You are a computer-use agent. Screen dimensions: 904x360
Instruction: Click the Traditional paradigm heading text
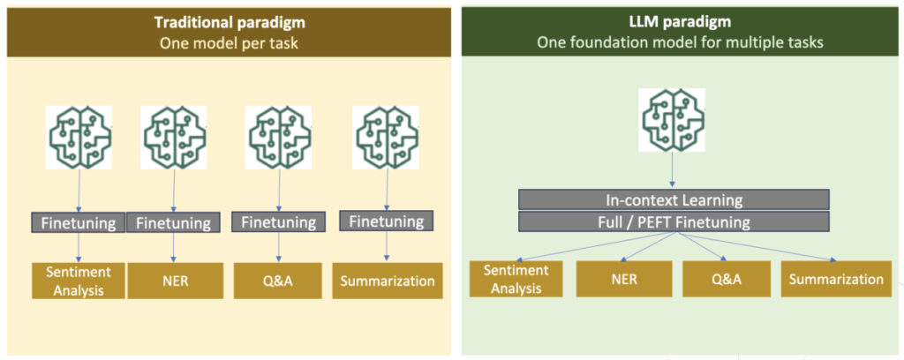(x=229, y=23)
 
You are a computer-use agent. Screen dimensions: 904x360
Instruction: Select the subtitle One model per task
(x=229, y=42)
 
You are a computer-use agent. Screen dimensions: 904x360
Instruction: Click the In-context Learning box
(x=674, y=200)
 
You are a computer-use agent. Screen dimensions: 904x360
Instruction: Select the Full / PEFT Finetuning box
(x=674, y=221)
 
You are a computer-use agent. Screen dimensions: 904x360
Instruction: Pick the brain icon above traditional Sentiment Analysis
(x=79, y=138)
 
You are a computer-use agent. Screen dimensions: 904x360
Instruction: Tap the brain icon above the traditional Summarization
(x=386, y=137)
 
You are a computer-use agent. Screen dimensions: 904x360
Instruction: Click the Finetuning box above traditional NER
(x=173, y=222)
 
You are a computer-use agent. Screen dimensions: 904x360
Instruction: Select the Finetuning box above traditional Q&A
(x=278, y=221)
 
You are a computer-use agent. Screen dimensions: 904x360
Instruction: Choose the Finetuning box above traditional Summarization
(x=386, y=221)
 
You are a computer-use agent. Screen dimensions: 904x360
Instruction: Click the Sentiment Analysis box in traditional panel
(x=79, y=281)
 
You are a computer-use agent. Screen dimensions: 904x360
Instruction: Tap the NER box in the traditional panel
(x=175, y=281)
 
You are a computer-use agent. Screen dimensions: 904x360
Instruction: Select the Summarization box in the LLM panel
(x=836, y=280)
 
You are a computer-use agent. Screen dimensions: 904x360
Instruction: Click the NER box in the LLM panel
(x=624, y=280)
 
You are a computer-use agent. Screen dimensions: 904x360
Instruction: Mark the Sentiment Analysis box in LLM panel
(x=516, y=280)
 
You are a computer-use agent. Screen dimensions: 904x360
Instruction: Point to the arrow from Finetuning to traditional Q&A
(x=279, y=248)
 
